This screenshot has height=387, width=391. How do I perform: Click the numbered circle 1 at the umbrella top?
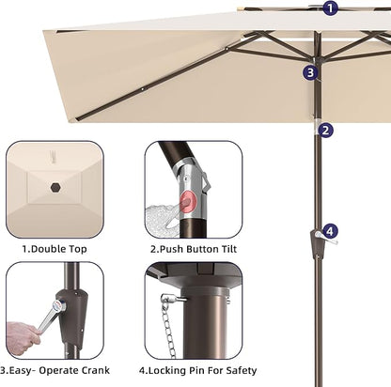(x=330, y=8)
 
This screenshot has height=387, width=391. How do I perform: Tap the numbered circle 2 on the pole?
(x=326, y=130)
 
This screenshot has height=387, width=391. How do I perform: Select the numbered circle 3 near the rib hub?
(x=310, y=72)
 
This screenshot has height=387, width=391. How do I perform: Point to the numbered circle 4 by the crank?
(x=330, y=232)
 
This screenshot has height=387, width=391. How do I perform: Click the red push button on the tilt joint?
(x=188, y=200)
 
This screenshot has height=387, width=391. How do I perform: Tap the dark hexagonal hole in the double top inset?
(x=55, y=187)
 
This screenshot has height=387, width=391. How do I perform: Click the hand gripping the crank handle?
(x=21, y=337)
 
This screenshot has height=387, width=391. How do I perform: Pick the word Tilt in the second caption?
(x=229, y=249)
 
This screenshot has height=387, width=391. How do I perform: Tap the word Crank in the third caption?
(x=96, y=370)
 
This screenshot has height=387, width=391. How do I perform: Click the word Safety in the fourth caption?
(x=241, y=371)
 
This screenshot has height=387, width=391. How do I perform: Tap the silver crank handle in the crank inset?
(x=51, y=316)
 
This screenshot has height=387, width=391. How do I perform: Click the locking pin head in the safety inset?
(x=166, y=298)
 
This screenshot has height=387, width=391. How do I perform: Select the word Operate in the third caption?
(x=58, y=371)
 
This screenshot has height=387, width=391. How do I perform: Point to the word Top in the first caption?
(x=78, y=250)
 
